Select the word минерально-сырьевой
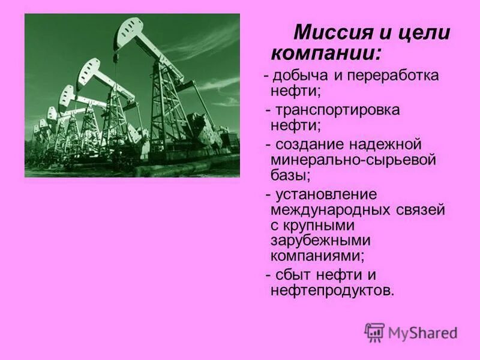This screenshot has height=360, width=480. pyautogui.click(x=353, y=161)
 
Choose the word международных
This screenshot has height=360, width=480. pyautogui.click(x=332, y=210)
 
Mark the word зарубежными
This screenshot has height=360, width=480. pyautogui.click(x=320, y=241)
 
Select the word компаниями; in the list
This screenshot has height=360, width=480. pyautogui.click(x=317, y=256)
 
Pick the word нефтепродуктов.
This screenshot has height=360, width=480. pyautogui.click(x=332, y=290)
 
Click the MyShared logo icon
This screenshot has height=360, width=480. pyautogui.click(x=374, y=332)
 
